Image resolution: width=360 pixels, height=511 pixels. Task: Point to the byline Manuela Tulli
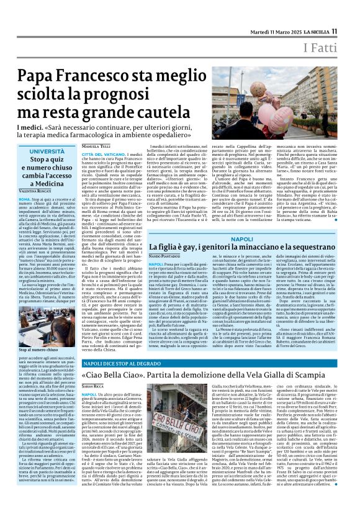point(96,147)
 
